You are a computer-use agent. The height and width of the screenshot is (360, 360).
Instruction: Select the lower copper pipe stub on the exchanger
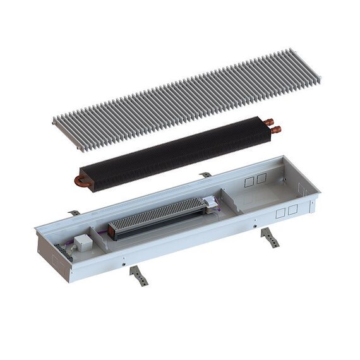click(x=275, y=130)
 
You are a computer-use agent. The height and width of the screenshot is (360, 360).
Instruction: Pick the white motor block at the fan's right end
click(x=208, y=203)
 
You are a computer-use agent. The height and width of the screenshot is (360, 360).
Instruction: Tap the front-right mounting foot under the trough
click(x=270, y=237)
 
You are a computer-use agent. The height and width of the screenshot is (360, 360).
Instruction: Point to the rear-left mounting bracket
click(x=75, y=213)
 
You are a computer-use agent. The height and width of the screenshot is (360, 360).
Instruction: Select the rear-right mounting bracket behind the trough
click(x=205, y=175)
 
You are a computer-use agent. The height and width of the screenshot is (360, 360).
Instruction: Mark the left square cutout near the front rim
click(x=280, y=213)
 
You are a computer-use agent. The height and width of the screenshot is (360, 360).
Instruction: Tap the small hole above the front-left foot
click(x=126, y=261)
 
